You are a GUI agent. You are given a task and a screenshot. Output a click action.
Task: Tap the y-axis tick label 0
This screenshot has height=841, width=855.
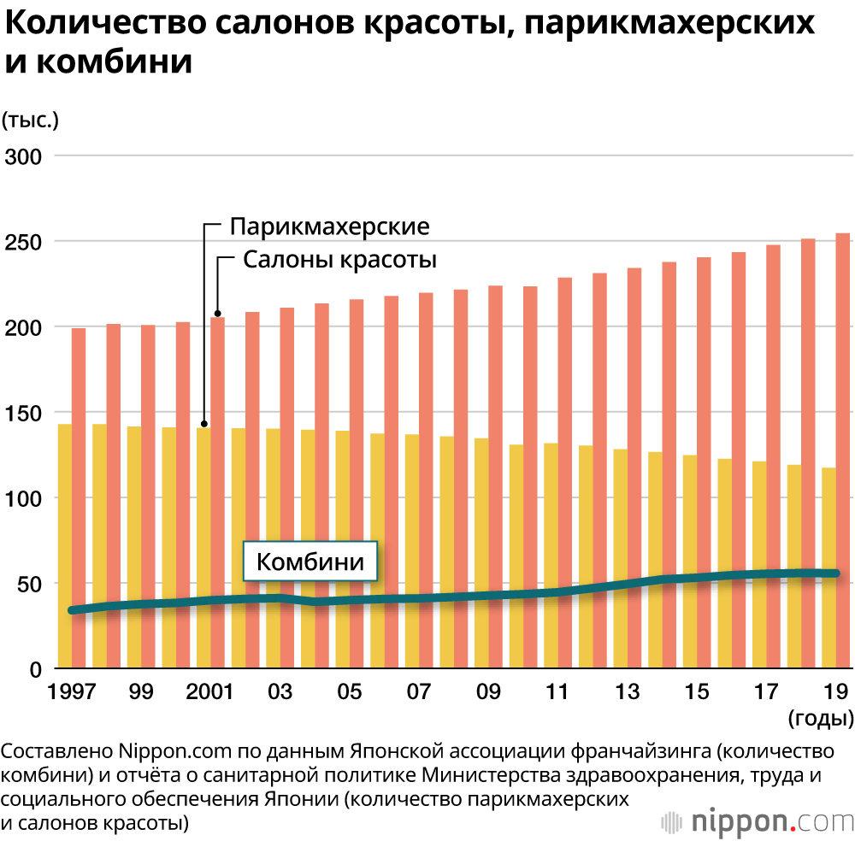click(36, 669)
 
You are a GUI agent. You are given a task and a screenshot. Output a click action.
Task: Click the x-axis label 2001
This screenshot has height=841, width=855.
click(209, 691)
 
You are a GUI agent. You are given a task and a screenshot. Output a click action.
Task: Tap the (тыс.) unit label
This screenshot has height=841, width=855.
click(31, 120)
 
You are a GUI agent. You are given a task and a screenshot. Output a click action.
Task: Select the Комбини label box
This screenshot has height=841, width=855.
click(311, 562)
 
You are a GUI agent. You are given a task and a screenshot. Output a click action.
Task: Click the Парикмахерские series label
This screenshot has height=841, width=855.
click(329, 227)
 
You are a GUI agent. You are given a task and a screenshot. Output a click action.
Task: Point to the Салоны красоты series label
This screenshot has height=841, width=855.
click(340, 260)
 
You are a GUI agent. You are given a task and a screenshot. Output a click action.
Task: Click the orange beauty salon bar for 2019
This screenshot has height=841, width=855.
click(842, 450)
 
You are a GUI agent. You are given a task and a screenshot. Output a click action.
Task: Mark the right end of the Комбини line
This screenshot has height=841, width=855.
click(835, 573)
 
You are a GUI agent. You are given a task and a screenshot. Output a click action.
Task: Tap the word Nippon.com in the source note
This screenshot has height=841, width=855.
click(168, 752)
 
